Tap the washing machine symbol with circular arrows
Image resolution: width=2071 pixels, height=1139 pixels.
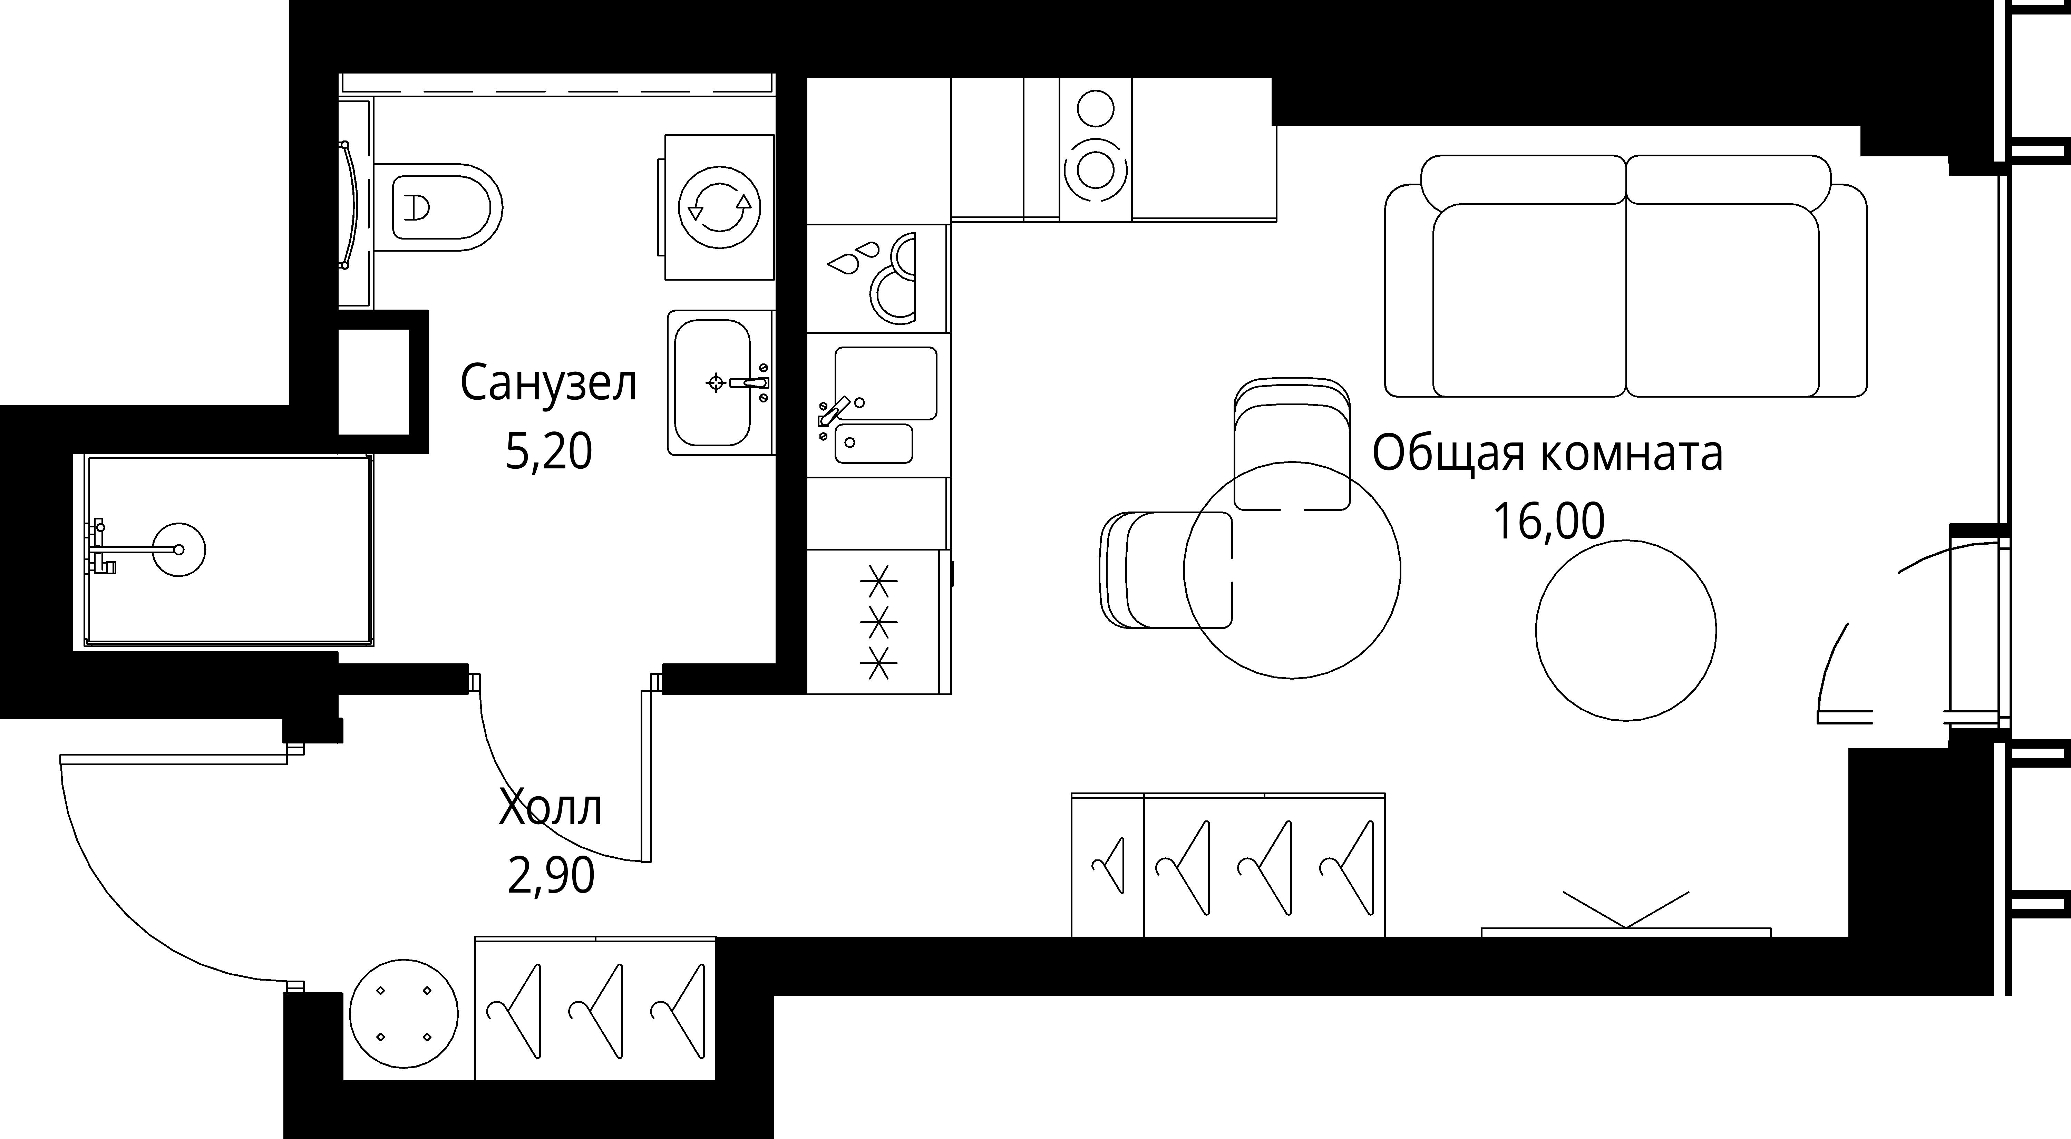click(x=720, y=207)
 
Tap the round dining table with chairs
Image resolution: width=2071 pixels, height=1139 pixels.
click(x=1292, y=571)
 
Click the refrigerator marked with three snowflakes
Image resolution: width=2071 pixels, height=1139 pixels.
click(x=878, y=621)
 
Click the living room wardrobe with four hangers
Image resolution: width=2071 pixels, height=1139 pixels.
click(x=1228, y=866)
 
